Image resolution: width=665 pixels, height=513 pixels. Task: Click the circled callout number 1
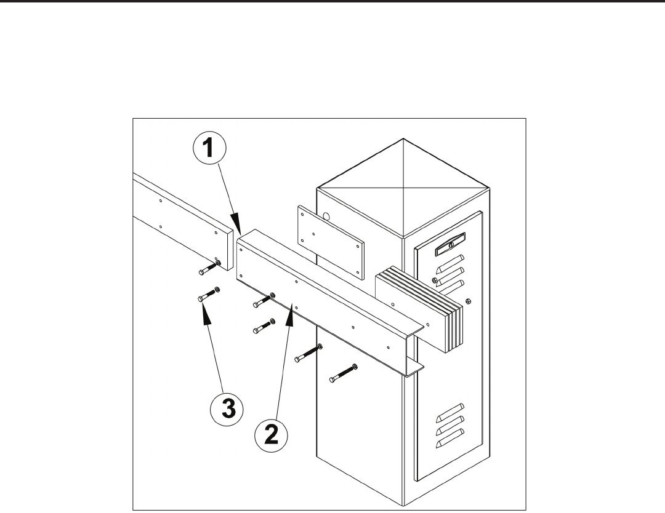click(209, 149)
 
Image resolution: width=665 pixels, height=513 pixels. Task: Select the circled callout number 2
click(271, 436)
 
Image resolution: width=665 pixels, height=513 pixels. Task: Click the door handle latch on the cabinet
click(450, 244)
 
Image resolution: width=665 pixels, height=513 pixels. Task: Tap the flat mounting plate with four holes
click(331, 243)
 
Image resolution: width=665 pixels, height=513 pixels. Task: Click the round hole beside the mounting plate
click(326, 217)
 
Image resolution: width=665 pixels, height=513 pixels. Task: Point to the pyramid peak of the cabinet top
click(403, 138)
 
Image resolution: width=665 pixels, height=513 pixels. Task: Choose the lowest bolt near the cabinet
click(344, 373)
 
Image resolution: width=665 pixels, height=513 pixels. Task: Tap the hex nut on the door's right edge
click(469, 301)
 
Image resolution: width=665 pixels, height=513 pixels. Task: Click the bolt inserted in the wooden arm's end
click(209, 268)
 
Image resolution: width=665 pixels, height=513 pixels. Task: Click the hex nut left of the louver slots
click(434, 280)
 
